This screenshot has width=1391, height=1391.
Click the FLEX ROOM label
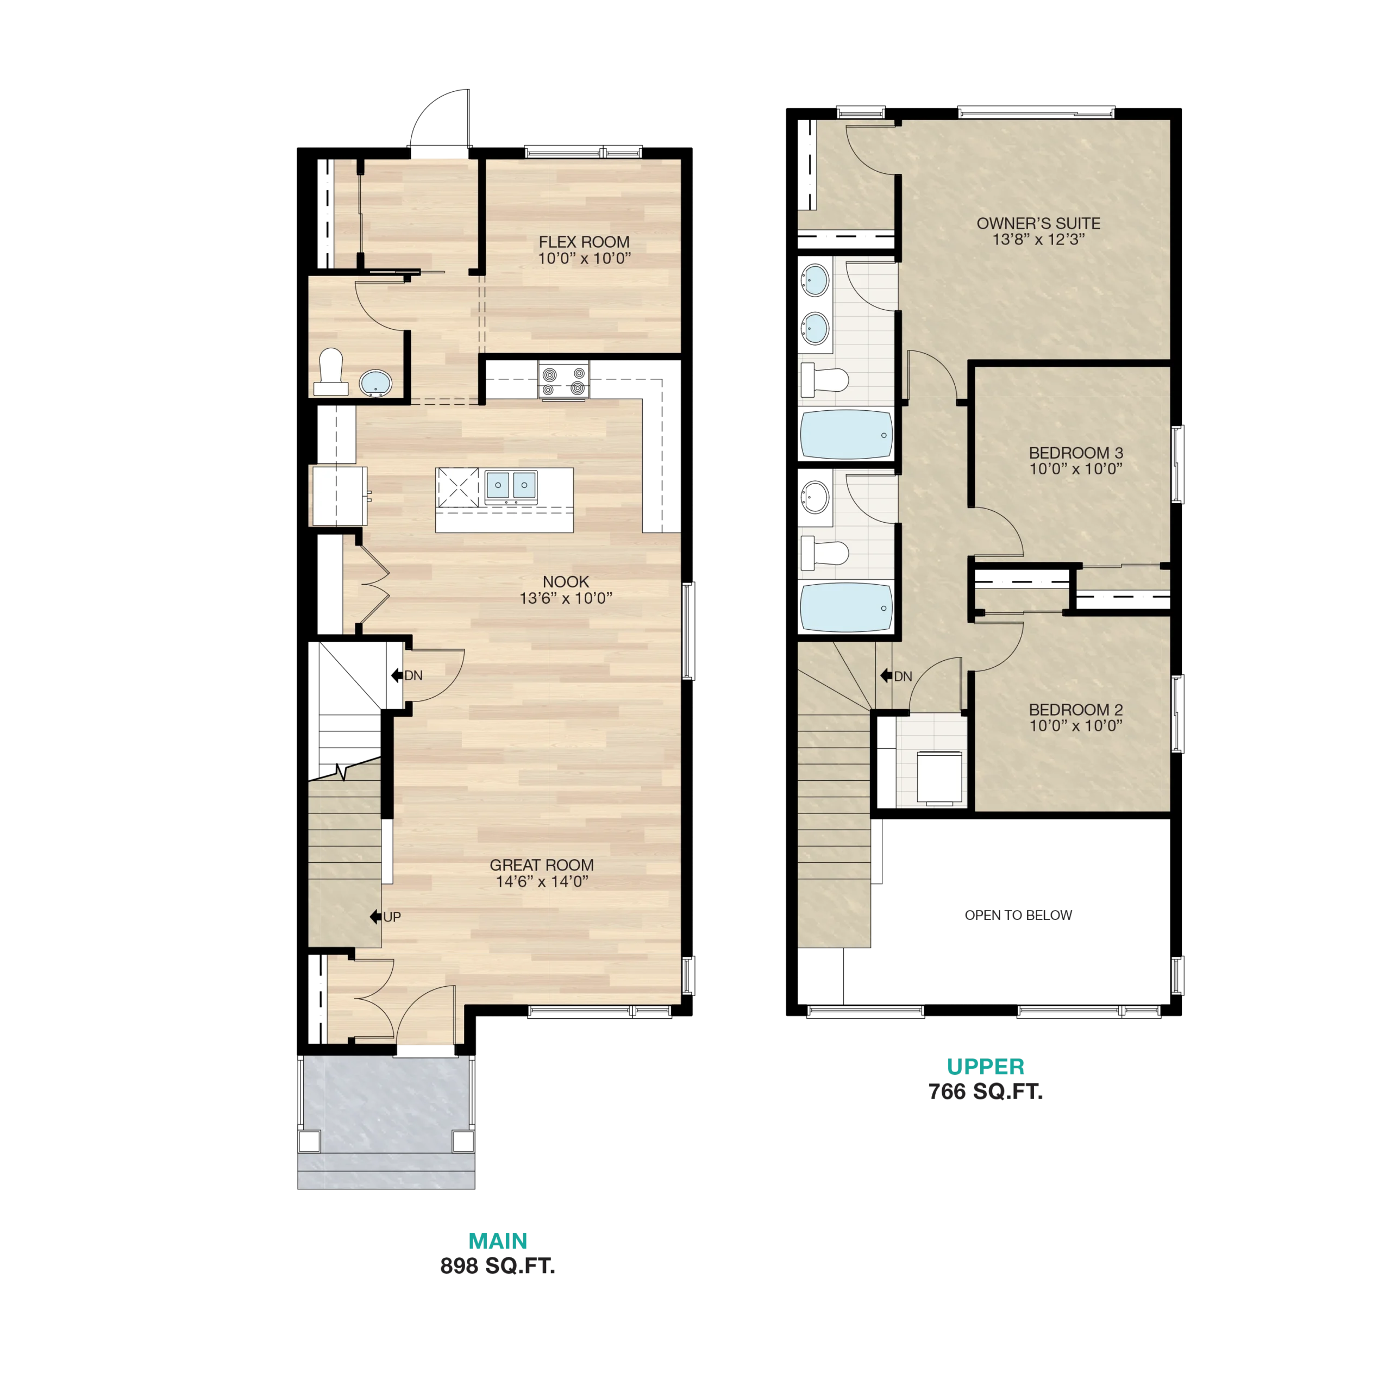(x=584, y=242)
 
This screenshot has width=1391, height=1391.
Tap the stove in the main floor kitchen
(x=564, y=380)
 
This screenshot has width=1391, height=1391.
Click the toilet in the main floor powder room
(x=331, y=372)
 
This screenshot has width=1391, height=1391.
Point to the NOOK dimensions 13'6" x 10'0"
(x=566, y=598)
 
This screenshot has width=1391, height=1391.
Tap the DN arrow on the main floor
(x=397, y=675)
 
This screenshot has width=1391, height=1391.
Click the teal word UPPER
(x=985, y=1066)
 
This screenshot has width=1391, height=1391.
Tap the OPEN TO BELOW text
(x=1018, y=915)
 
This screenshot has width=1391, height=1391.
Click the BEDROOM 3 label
(x=1076, y=453)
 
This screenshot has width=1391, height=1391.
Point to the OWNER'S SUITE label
(x=1038, y=223)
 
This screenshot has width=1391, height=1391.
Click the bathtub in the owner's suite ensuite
(x=847, y=434)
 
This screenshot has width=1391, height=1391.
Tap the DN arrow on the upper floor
(x=886, y=675)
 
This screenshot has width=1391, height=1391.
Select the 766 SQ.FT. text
(x=985, y=1092)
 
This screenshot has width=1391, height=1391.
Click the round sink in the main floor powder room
(x=375, y=383)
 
